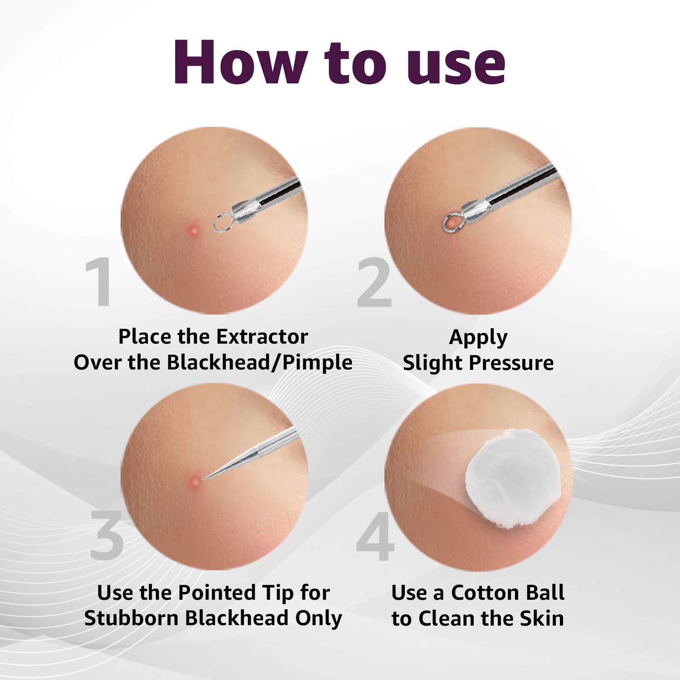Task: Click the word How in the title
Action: click(240, 63)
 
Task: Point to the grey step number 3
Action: click(107, 534)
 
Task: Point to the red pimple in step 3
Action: click(194, 480)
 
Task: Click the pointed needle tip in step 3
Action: click(203, 480)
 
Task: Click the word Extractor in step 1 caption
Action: click(262, 337)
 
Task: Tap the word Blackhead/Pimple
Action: click(259, 363)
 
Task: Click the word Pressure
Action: click(511, 363)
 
